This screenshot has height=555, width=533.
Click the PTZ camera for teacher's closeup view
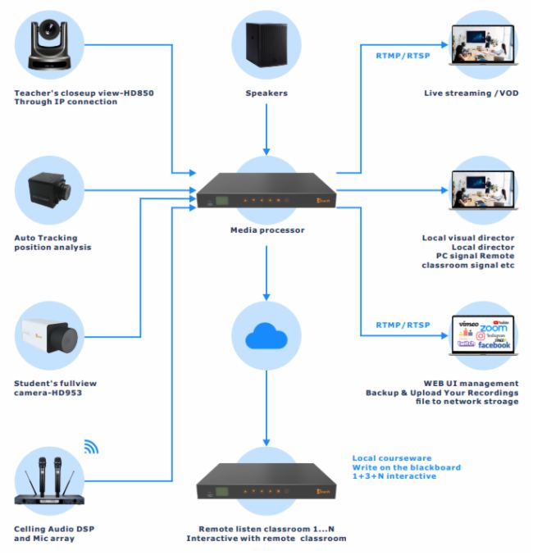[x=51, y=48]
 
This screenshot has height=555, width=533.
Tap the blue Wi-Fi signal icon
[x=90, y=447]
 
